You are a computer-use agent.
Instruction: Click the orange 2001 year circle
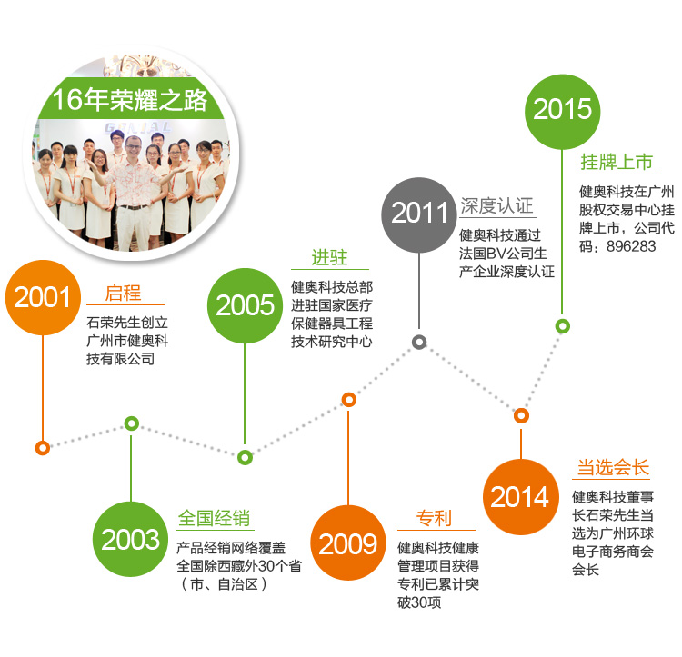[x=43, y=298]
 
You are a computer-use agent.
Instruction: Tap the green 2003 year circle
[x=130, y=539]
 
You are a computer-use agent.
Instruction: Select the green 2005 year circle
[x=245, y=305]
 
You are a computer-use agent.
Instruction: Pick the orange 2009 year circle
[x=348, y=543]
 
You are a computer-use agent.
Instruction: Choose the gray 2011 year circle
[x=419, y=214]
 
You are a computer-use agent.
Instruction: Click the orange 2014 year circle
[x=521, y=497]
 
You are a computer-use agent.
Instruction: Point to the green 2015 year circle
[x=562, y=112]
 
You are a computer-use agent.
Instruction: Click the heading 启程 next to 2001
[x=123, y=293]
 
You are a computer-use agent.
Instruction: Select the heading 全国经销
[x=214, y=518]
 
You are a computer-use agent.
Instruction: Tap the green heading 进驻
[x=330, y=257]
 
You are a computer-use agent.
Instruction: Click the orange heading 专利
[x=434, y=518]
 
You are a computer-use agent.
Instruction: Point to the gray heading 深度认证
[x=496, y=205]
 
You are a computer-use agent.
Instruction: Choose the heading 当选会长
[x=613, y=467]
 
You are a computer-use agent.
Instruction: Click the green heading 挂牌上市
[x=617, y=162]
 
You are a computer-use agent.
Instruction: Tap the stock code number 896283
[x=631, y=246]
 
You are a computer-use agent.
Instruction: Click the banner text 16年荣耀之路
[x=130, y=100]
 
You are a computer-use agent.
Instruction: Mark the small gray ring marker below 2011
[x=419, y=343]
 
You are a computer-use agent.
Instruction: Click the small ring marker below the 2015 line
[x=562, y=326]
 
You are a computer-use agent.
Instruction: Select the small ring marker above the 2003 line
[x=131, y=423]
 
